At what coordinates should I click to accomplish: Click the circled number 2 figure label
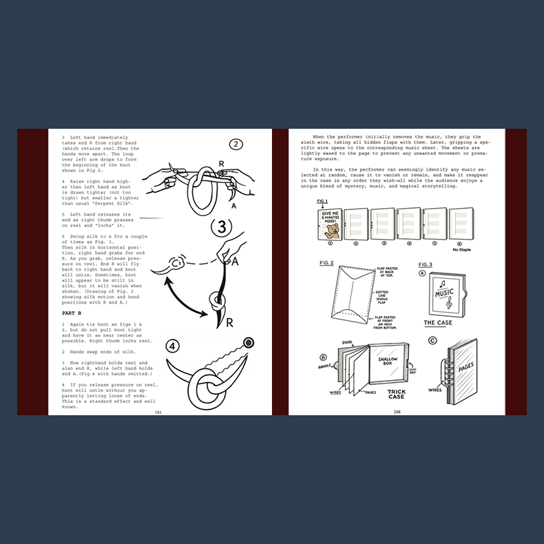236,145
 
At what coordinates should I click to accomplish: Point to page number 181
158,412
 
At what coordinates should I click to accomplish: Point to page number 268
397,412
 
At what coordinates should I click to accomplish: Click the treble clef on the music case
449,300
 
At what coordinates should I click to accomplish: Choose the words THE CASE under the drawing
438,322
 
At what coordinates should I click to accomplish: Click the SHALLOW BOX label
394,359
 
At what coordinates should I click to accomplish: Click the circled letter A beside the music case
422,271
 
